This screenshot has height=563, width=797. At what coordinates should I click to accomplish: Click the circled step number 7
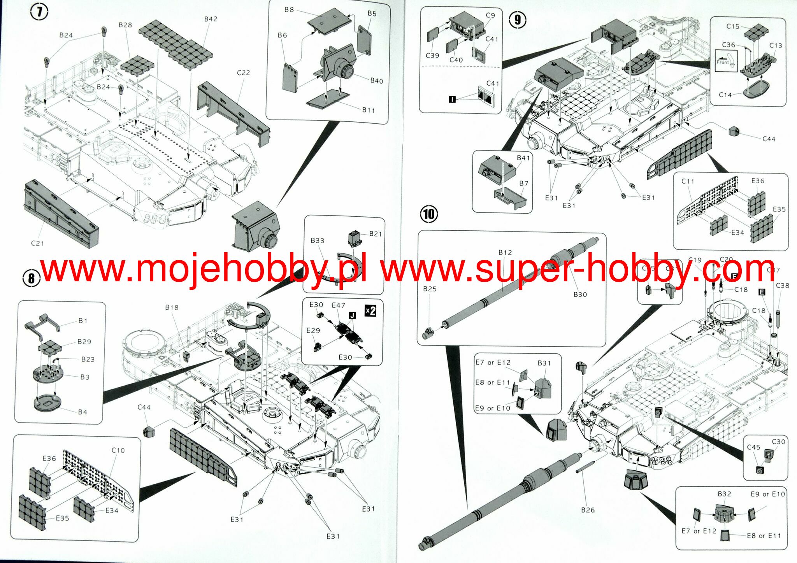point(39,12)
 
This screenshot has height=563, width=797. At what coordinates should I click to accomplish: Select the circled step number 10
point(428,214)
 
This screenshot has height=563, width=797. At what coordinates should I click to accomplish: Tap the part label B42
point(211,19)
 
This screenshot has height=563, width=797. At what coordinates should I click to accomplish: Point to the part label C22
point(243,73)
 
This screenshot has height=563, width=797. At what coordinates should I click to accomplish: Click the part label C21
point(37,243)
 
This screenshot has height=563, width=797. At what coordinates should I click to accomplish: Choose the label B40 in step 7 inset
point(376,81)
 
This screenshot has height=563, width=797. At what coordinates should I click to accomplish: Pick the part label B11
point(368,110)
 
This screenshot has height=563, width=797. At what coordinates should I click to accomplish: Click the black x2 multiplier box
point(370,310)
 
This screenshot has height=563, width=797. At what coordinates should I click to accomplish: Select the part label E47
point(338,305)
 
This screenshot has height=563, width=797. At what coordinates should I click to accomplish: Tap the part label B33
point(317,240)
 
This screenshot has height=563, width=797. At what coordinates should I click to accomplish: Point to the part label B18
point(172,307)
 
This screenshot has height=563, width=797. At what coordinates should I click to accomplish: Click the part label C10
point(118,450)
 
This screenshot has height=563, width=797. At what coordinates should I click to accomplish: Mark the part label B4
point(83,412)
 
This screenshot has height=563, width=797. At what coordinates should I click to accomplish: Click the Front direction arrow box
point(726,61)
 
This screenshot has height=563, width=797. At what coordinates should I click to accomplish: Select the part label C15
point(732,26)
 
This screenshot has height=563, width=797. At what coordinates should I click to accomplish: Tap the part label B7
point(523,183)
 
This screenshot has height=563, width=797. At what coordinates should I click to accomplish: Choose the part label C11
point(688,181)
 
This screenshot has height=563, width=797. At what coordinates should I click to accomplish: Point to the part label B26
point(588,510)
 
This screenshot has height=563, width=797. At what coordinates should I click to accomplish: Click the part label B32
point(724,494)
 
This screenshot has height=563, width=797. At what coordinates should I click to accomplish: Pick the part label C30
point(778,442)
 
